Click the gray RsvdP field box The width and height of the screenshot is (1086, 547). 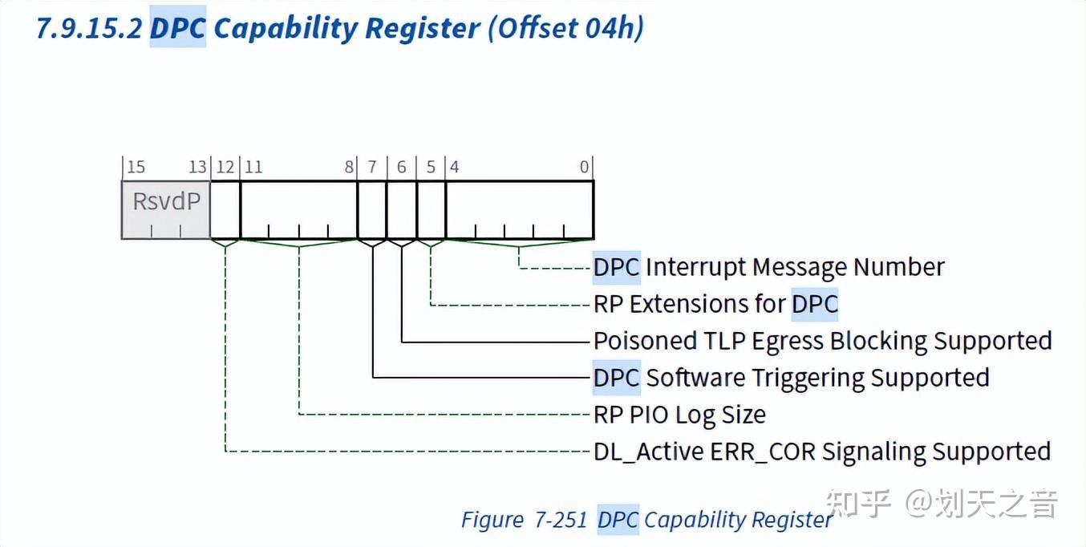[x=165, y=209]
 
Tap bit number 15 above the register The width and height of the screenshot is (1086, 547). [x=136, y=167]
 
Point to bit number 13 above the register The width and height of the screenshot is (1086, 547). [x=197, y=167]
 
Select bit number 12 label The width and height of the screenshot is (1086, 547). [x=225, y=167]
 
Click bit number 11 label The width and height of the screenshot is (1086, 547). [x=253, y=167]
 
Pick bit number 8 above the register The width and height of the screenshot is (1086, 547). [x=349, y=167]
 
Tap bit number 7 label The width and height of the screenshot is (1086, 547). [x=372, y=167]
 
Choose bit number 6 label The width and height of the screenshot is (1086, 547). [x=402, y=167]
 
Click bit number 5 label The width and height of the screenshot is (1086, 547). [x=431, y=167]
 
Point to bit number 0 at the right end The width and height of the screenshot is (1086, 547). [x=585, y=167]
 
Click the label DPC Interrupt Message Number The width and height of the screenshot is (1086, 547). [x=768, y=267]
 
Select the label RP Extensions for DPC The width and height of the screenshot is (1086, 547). [x=715, y=304]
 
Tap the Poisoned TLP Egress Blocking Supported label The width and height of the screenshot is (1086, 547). [x=822, y=341]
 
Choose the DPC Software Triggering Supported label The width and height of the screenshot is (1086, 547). [x=791, y=378]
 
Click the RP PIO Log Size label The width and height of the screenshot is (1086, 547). [x=679, y=415]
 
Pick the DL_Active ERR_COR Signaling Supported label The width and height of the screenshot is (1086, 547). [x=821, y=452]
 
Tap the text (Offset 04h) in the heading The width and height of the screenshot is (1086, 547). [x=565, y=28]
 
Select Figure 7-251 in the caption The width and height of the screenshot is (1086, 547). [x=525, y=520]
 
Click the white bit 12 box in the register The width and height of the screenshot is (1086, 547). [x=225, y=209]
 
